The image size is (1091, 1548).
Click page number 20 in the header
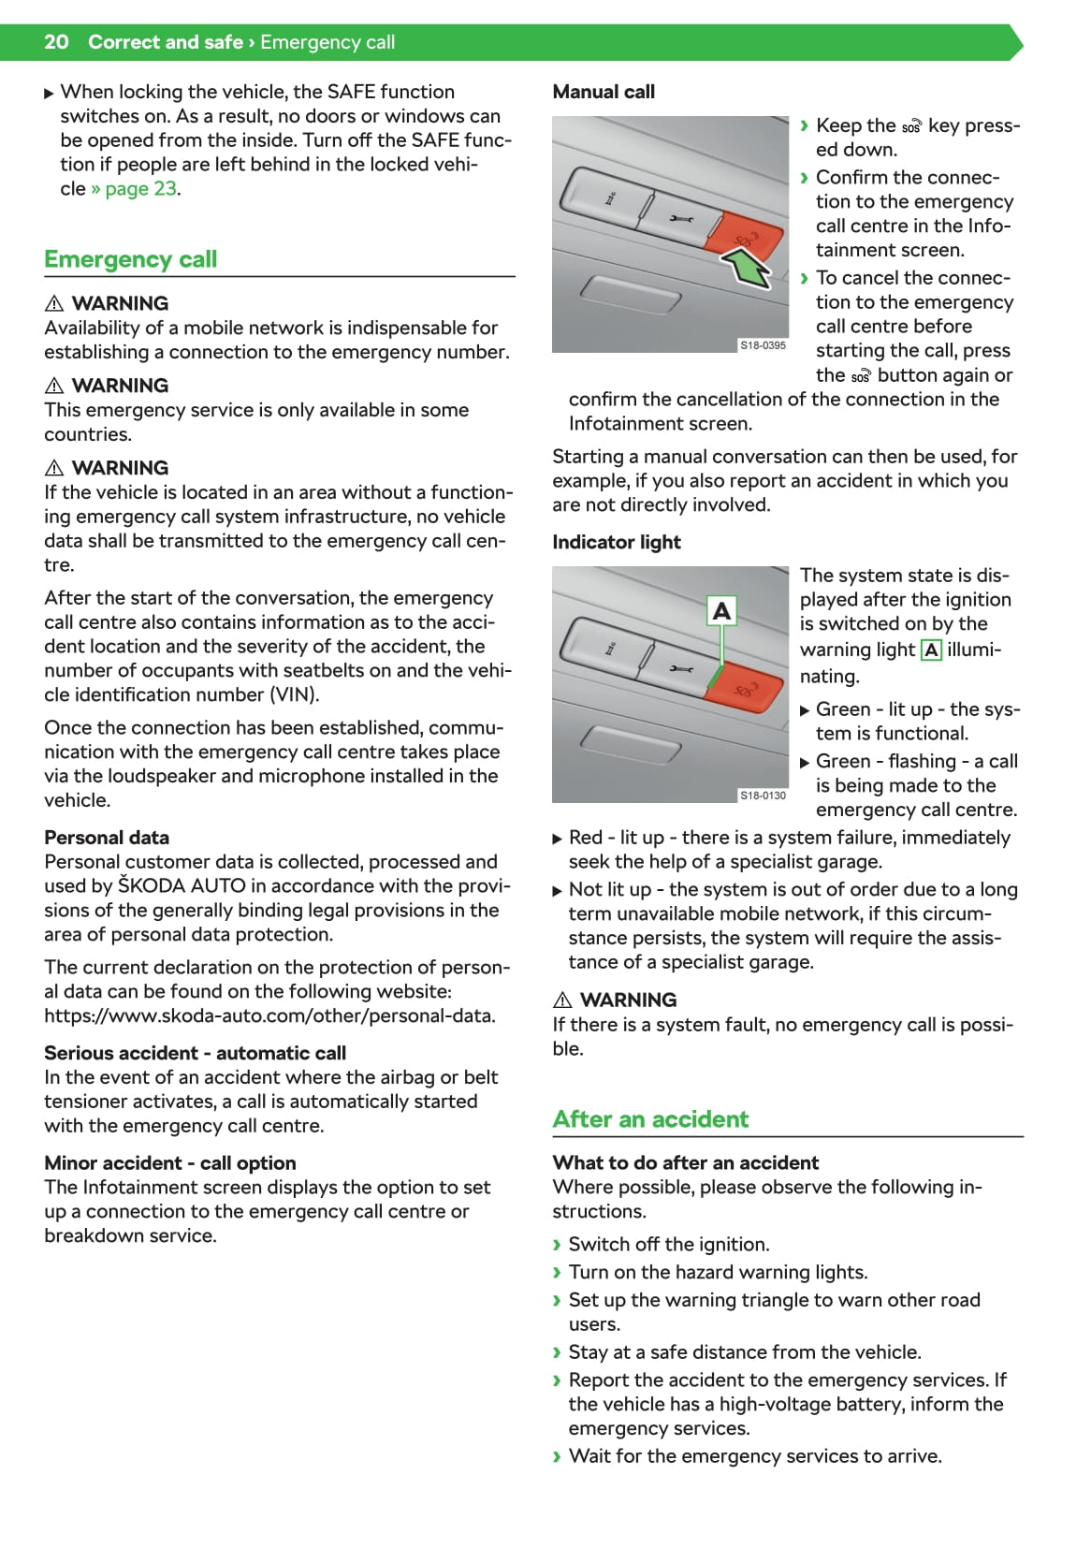56,42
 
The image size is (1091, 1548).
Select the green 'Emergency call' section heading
130,259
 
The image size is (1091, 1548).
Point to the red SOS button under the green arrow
743,236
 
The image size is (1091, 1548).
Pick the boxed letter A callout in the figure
721,611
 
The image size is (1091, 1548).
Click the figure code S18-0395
763,345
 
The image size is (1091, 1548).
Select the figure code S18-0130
763,796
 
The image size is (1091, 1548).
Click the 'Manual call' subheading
604,92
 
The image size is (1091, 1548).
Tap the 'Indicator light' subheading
617,542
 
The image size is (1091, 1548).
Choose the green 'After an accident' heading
650,1119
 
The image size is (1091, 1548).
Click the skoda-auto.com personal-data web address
269,1015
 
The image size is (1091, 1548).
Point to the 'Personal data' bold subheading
107,838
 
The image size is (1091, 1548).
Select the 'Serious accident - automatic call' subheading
195,1053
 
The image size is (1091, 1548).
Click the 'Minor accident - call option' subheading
170,1163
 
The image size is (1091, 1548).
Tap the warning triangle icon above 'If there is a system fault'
562,1000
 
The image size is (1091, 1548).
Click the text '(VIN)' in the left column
293,694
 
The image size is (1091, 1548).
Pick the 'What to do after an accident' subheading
685,1162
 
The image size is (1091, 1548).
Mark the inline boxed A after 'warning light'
931,650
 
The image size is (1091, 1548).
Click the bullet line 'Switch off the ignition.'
668,1244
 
